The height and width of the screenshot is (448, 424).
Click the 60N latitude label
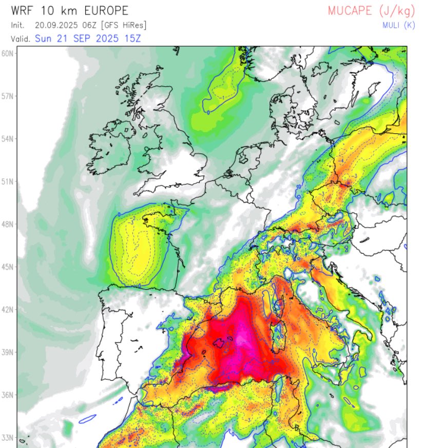pos(8,53)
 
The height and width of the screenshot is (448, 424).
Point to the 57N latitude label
pos(8,96)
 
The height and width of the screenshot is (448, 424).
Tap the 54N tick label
pos(8,139)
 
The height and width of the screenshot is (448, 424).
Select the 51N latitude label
pos(8,181)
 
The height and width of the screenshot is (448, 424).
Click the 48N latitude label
pos(8,224)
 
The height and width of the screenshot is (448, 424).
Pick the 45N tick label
pos(8,267)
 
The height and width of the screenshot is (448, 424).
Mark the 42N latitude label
pos(8,310)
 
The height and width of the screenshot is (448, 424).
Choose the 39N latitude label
pos(8,352)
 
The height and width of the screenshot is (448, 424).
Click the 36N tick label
pos(8,395)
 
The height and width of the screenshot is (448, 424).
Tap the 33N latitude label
pos(8,438)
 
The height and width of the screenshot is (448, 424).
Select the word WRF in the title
pos(22,11)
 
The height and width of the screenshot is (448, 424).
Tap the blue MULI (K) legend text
pos(392,25)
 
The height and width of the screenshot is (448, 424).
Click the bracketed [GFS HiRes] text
pos(124,25)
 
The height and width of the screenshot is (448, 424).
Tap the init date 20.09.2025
pos(55,25)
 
